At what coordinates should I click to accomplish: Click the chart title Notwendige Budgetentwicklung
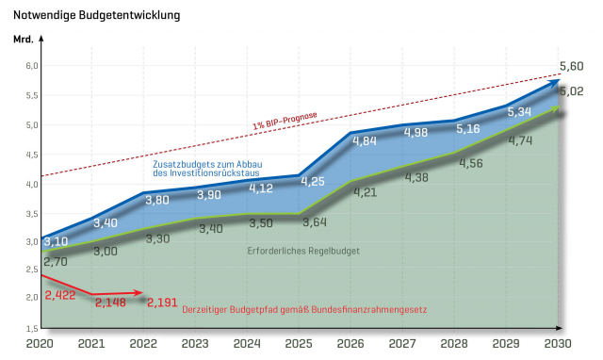[96, 16]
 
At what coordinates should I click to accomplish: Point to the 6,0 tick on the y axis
[30, 65]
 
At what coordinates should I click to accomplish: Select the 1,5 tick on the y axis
[30, 328]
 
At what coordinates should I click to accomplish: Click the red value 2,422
[60, 294]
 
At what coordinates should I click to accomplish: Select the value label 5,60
[572, 66]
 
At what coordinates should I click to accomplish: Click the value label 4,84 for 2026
[365, 141]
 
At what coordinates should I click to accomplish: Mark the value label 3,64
[313, 222]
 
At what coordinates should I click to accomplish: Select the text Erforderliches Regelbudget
[303, 251]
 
